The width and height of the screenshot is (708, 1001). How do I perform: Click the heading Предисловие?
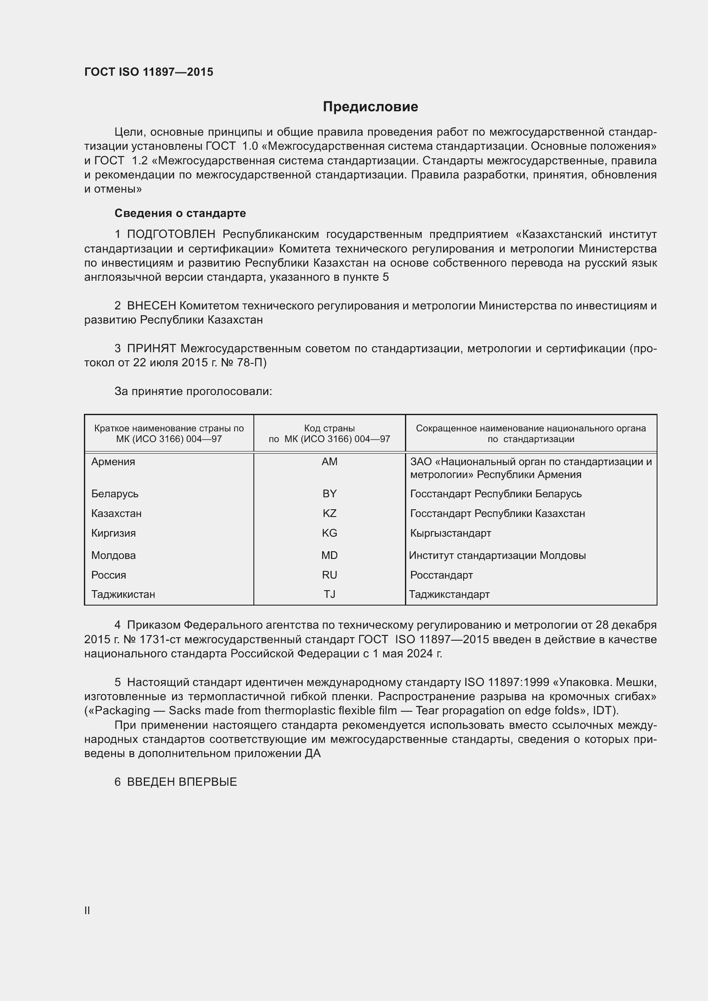370,107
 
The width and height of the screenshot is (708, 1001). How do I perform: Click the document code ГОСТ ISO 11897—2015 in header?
149,72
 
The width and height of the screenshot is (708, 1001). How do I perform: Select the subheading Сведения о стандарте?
180,213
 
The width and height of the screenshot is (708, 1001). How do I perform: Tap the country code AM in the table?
329,462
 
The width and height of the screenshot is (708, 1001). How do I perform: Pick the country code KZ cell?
329,514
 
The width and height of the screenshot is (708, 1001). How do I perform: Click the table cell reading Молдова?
113,555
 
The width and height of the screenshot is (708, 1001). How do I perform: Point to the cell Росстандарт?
441,575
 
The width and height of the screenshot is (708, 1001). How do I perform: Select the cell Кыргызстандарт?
450,533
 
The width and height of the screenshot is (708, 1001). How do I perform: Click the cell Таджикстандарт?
449,595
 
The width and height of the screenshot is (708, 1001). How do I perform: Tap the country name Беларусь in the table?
115,494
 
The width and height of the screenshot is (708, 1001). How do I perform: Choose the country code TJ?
329,595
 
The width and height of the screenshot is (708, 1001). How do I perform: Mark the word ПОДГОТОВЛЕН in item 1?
171,235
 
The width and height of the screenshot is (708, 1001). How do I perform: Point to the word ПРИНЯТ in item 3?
151,349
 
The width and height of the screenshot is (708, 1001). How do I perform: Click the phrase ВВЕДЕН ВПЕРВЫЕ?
182,782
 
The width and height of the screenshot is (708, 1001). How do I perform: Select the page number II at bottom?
87,911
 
